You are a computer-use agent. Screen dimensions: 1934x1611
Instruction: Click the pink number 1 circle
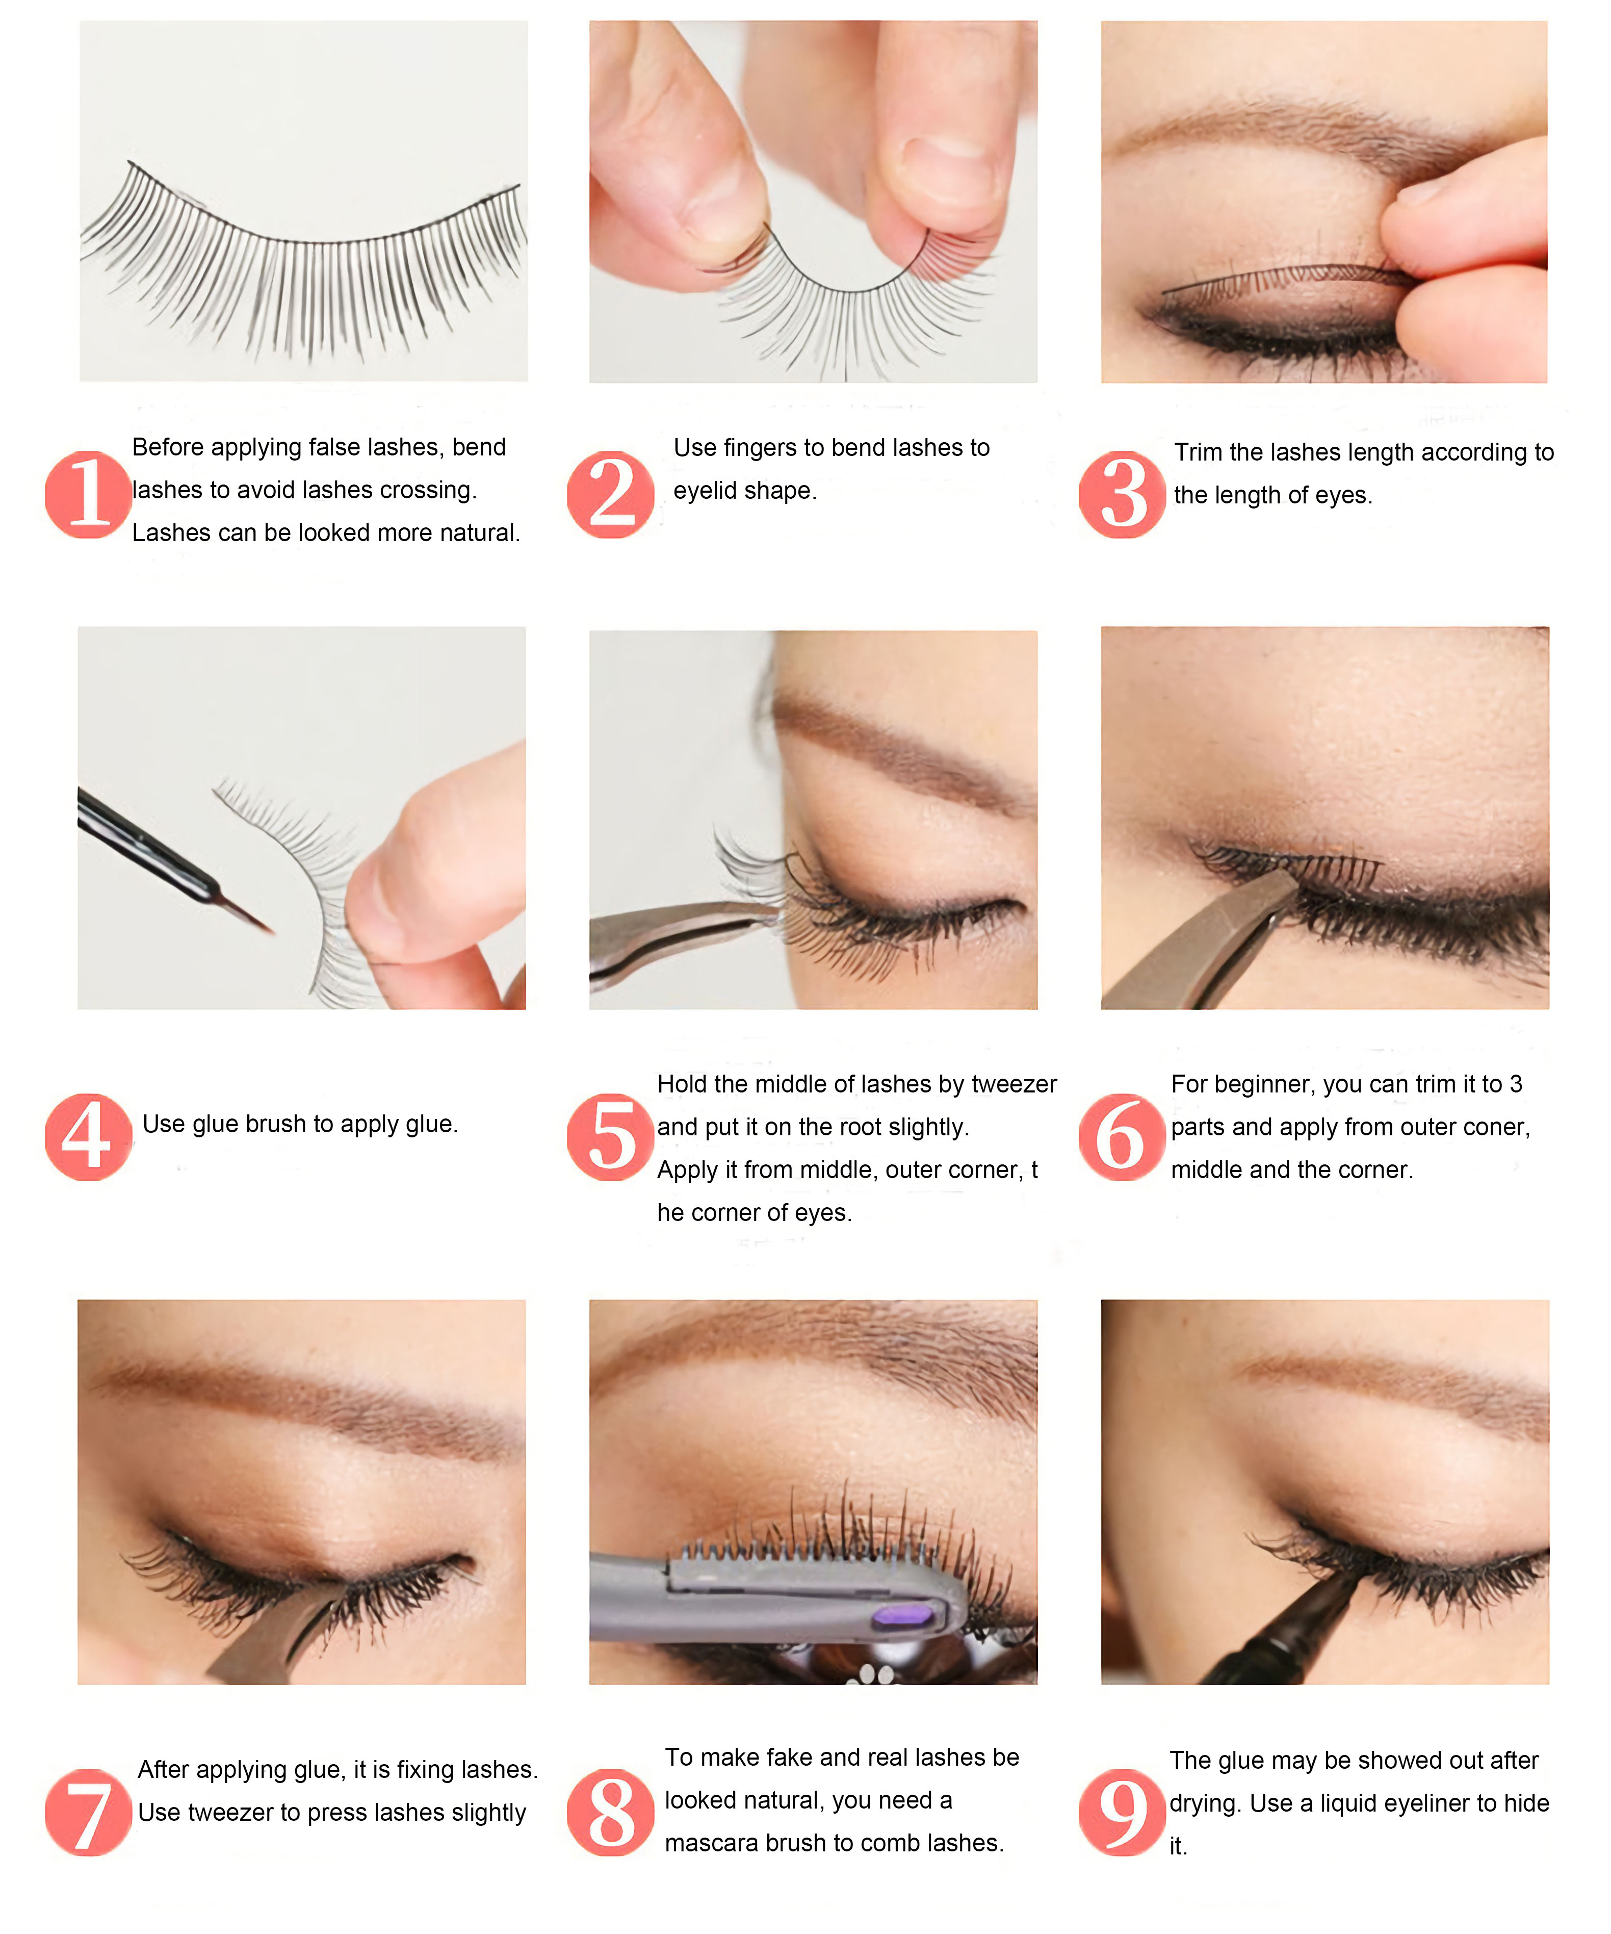point(88,495)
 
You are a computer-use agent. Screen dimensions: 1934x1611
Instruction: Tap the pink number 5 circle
point(610,1137)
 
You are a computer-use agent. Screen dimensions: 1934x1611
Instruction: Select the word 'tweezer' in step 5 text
point(1014,1084)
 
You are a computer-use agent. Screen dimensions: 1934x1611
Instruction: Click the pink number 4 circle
point(88,1137)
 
